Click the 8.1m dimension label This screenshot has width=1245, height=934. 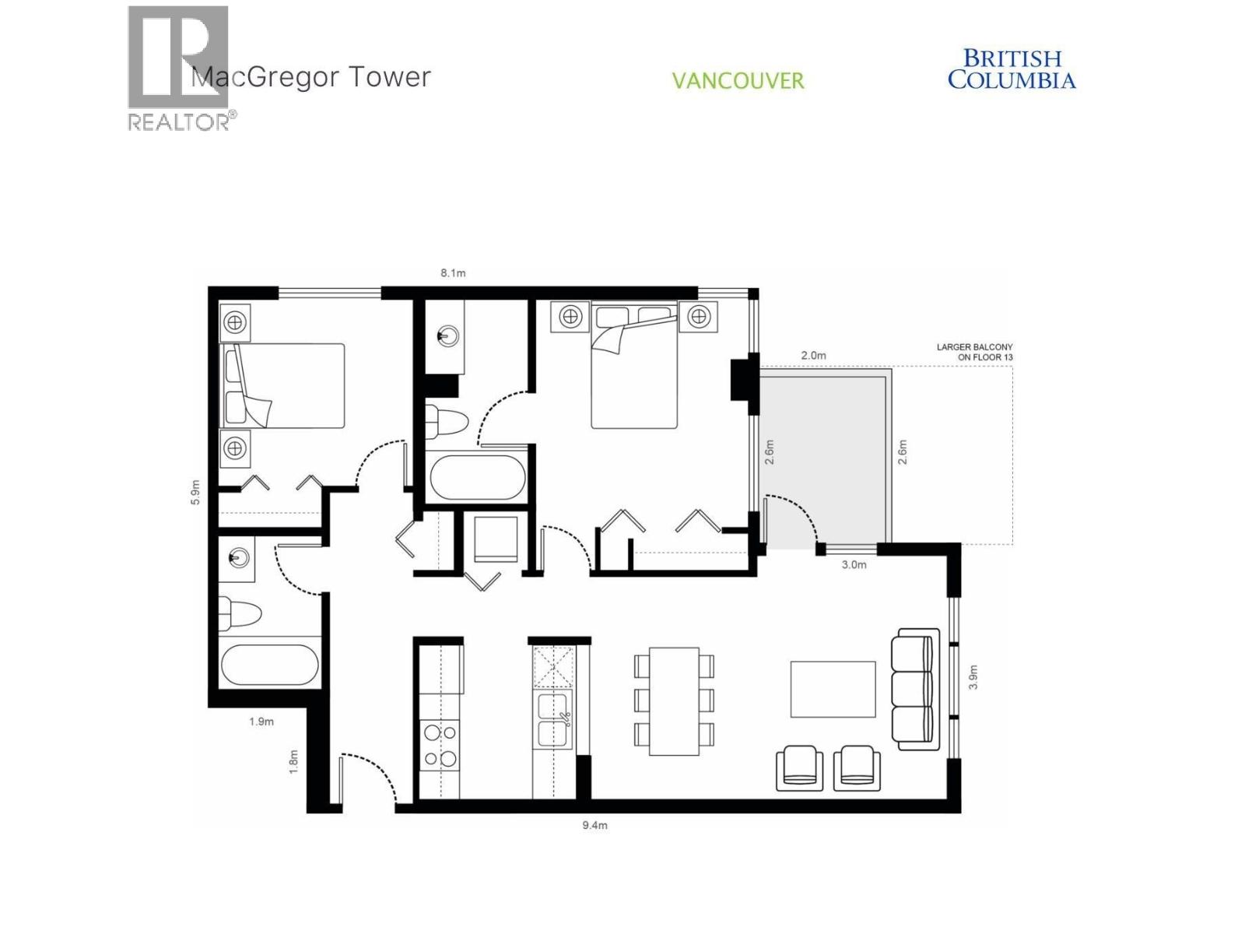[x=453, y=273]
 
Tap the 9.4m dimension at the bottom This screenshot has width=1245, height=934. [x=594, y=825]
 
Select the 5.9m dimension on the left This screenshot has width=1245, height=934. [x=196, y=492]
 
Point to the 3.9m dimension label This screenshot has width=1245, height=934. [x=973, y=677]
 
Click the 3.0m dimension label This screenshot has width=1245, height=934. [x=854, y=565]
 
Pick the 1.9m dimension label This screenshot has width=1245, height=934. [x=261, y=722]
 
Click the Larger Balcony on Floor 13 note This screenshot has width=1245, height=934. [x=974, y=352]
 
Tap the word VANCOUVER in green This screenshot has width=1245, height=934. [x=738, y=81]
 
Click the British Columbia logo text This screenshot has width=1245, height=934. [x=1012, y=69]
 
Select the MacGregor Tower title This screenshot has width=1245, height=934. [x=311, y=77]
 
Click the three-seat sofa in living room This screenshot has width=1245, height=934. [x=915, y=689]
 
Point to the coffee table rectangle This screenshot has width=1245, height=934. [x=833, y=689]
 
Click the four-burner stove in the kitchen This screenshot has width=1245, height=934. [x=439, y=745]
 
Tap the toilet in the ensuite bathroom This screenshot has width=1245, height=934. [x=447, y=420]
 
